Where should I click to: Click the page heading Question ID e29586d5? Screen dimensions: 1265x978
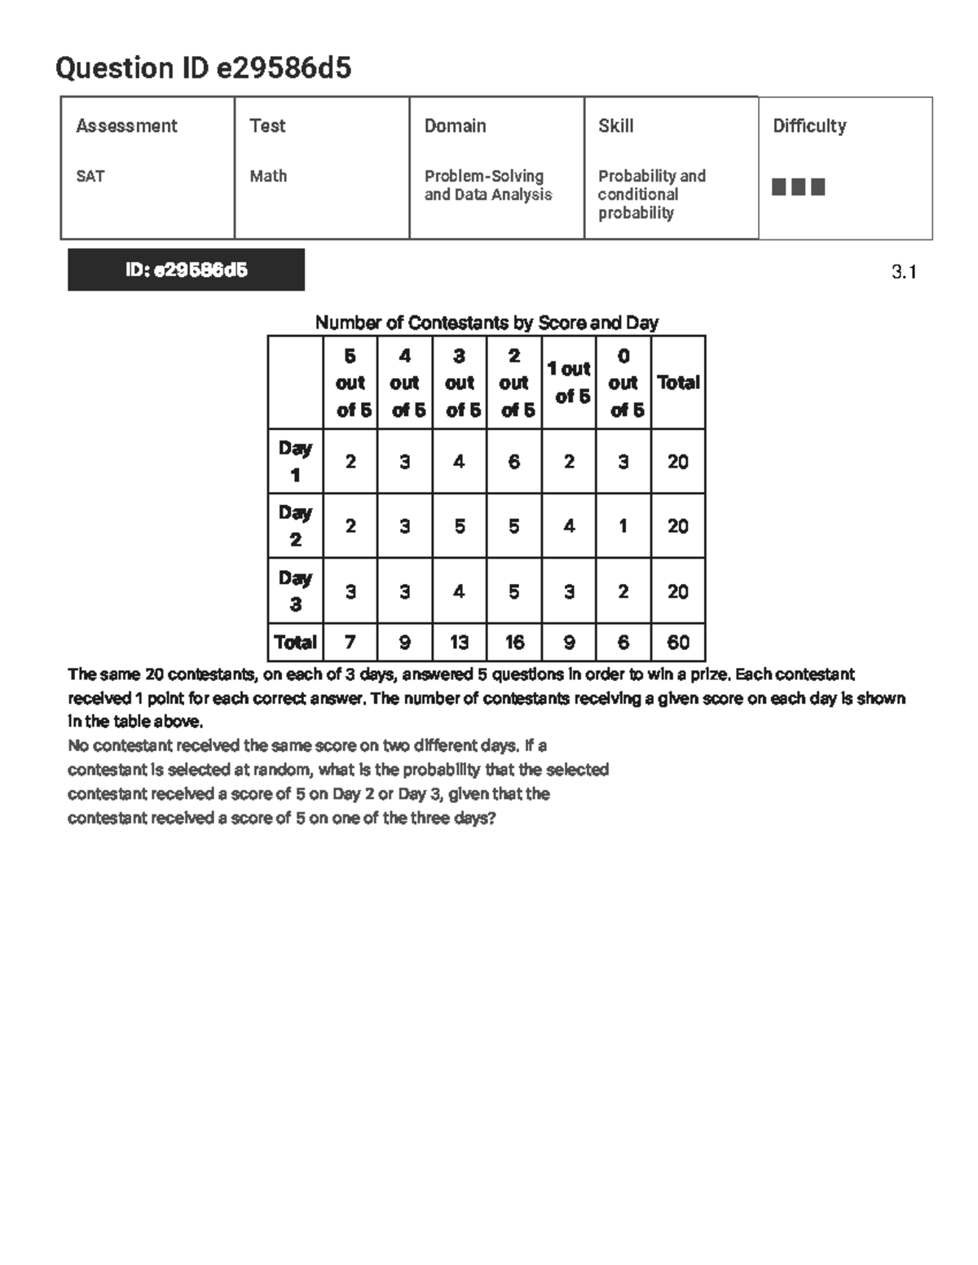pos(203,68)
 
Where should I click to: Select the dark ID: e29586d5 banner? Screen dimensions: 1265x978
pos(186,270)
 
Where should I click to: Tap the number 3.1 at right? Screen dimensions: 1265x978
pos(904,272)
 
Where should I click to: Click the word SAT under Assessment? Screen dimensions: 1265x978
pos(90,176)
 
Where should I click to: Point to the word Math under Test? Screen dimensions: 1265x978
pos(268,176)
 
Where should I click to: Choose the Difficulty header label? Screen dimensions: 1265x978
pos(808,125)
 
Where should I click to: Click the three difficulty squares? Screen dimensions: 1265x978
pos(798,187)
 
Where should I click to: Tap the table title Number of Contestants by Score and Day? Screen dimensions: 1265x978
pos(487,323)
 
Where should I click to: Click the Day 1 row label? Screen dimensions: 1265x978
pos(295,461)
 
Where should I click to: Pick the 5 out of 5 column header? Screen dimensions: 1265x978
pos(350,383)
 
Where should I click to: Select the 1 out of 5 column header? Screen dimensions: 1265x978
pos(569,382)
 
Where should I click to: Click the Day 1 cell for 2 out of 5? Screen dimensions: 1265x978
pos(514,462)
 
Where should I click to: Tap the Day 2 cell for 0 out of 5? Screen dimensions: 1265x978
pos(623,526)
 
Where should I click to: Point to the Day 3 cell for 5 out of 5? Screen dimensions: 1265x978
pos(350,591)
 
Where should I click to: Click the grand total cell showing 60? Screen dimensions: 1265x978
pos(678,643)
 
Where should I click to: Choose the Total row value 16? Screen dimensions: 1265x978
pos(514,643)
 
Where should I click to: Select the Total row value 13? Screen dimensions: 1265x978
pos(460,643)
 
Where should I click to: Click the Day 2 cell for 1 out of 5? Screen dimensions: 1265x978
pos(569,526)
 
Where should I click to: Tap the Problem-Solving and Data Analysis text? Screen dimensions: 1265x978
pos(487,186)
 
